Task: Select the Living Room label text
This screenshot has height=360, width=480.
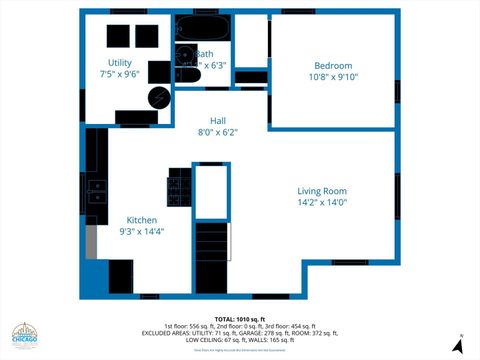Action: pos(321,191)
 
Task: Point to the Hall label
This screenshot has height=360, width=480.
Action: pos(217,121)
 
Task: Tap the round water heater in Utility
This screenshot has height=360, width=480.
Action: pos(159,97)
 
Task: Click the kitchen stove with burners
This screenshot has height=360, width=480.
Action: pos(178,187)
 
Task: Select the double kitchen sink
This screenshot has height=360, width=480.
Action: pos(98,190)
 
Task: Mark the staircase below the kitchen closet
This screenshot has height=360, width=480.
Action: pos(211,243)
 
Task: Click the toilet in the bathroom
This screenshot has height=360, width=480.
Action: pos(186,56)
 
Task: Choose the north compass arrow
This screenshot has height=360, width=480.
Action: pos(457,346)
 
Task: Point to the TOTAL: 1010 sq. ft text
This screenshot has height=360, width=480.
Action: pos(239,318)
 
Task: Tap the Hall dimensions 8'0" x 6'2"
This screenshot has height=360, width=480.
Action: pos(217,132)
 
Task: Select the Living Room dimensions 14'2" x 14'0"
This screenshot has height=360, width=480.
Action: pos(321,202)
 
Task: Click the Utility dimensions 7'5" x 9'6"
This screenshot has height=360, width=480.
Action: pos(118,74)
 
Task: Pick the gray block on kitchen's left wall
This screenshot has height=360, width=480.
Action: pos(90,241)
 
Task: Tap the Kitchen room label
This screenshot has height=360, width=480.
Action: pos(141,220)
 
